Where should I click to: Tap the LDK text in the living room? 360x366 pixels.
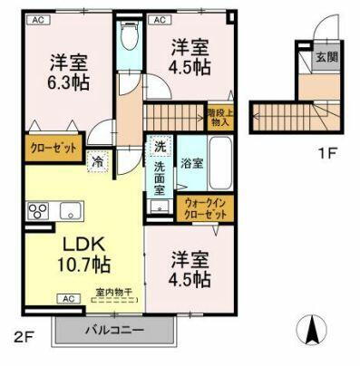[x=84, y=244]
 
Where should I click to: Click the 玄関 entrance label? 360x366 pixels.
[x=326, y=57]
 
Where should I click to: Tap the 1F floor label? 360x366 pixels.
[x=327, y=154]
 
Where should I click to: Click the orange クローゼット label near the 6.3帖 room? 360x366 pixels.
[x=53, y=147]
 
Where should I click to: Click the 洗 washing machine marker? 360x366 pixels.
[x=160, y=146]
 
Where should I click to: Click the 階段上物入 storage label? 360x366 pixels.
[x=219, y=114]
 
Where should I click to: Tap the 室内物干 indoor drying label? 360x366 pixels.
[x=113, y=292]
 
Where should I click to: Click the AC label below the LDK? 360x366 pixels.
[x=69, y=298]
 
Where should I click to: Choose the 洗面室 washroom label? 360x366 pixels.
[x=160, y=178]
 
